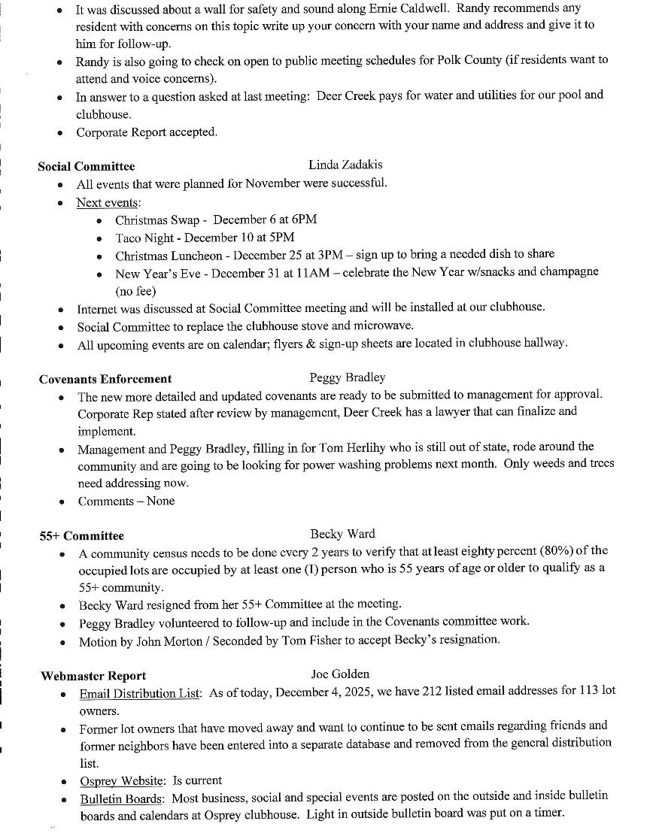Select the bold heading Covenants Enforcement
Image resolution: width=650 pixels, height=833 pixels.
(105, 379)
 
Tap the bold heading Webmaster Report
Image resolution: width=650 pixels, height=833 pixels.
(93, 676)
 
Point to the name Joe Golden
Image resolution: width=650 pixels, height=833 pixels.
(340, 674)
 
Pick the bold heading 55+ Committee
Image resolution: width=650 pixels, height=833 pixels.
(81, 536)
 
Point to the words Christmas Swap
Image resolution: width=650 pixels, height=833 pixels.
(157, 220)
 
